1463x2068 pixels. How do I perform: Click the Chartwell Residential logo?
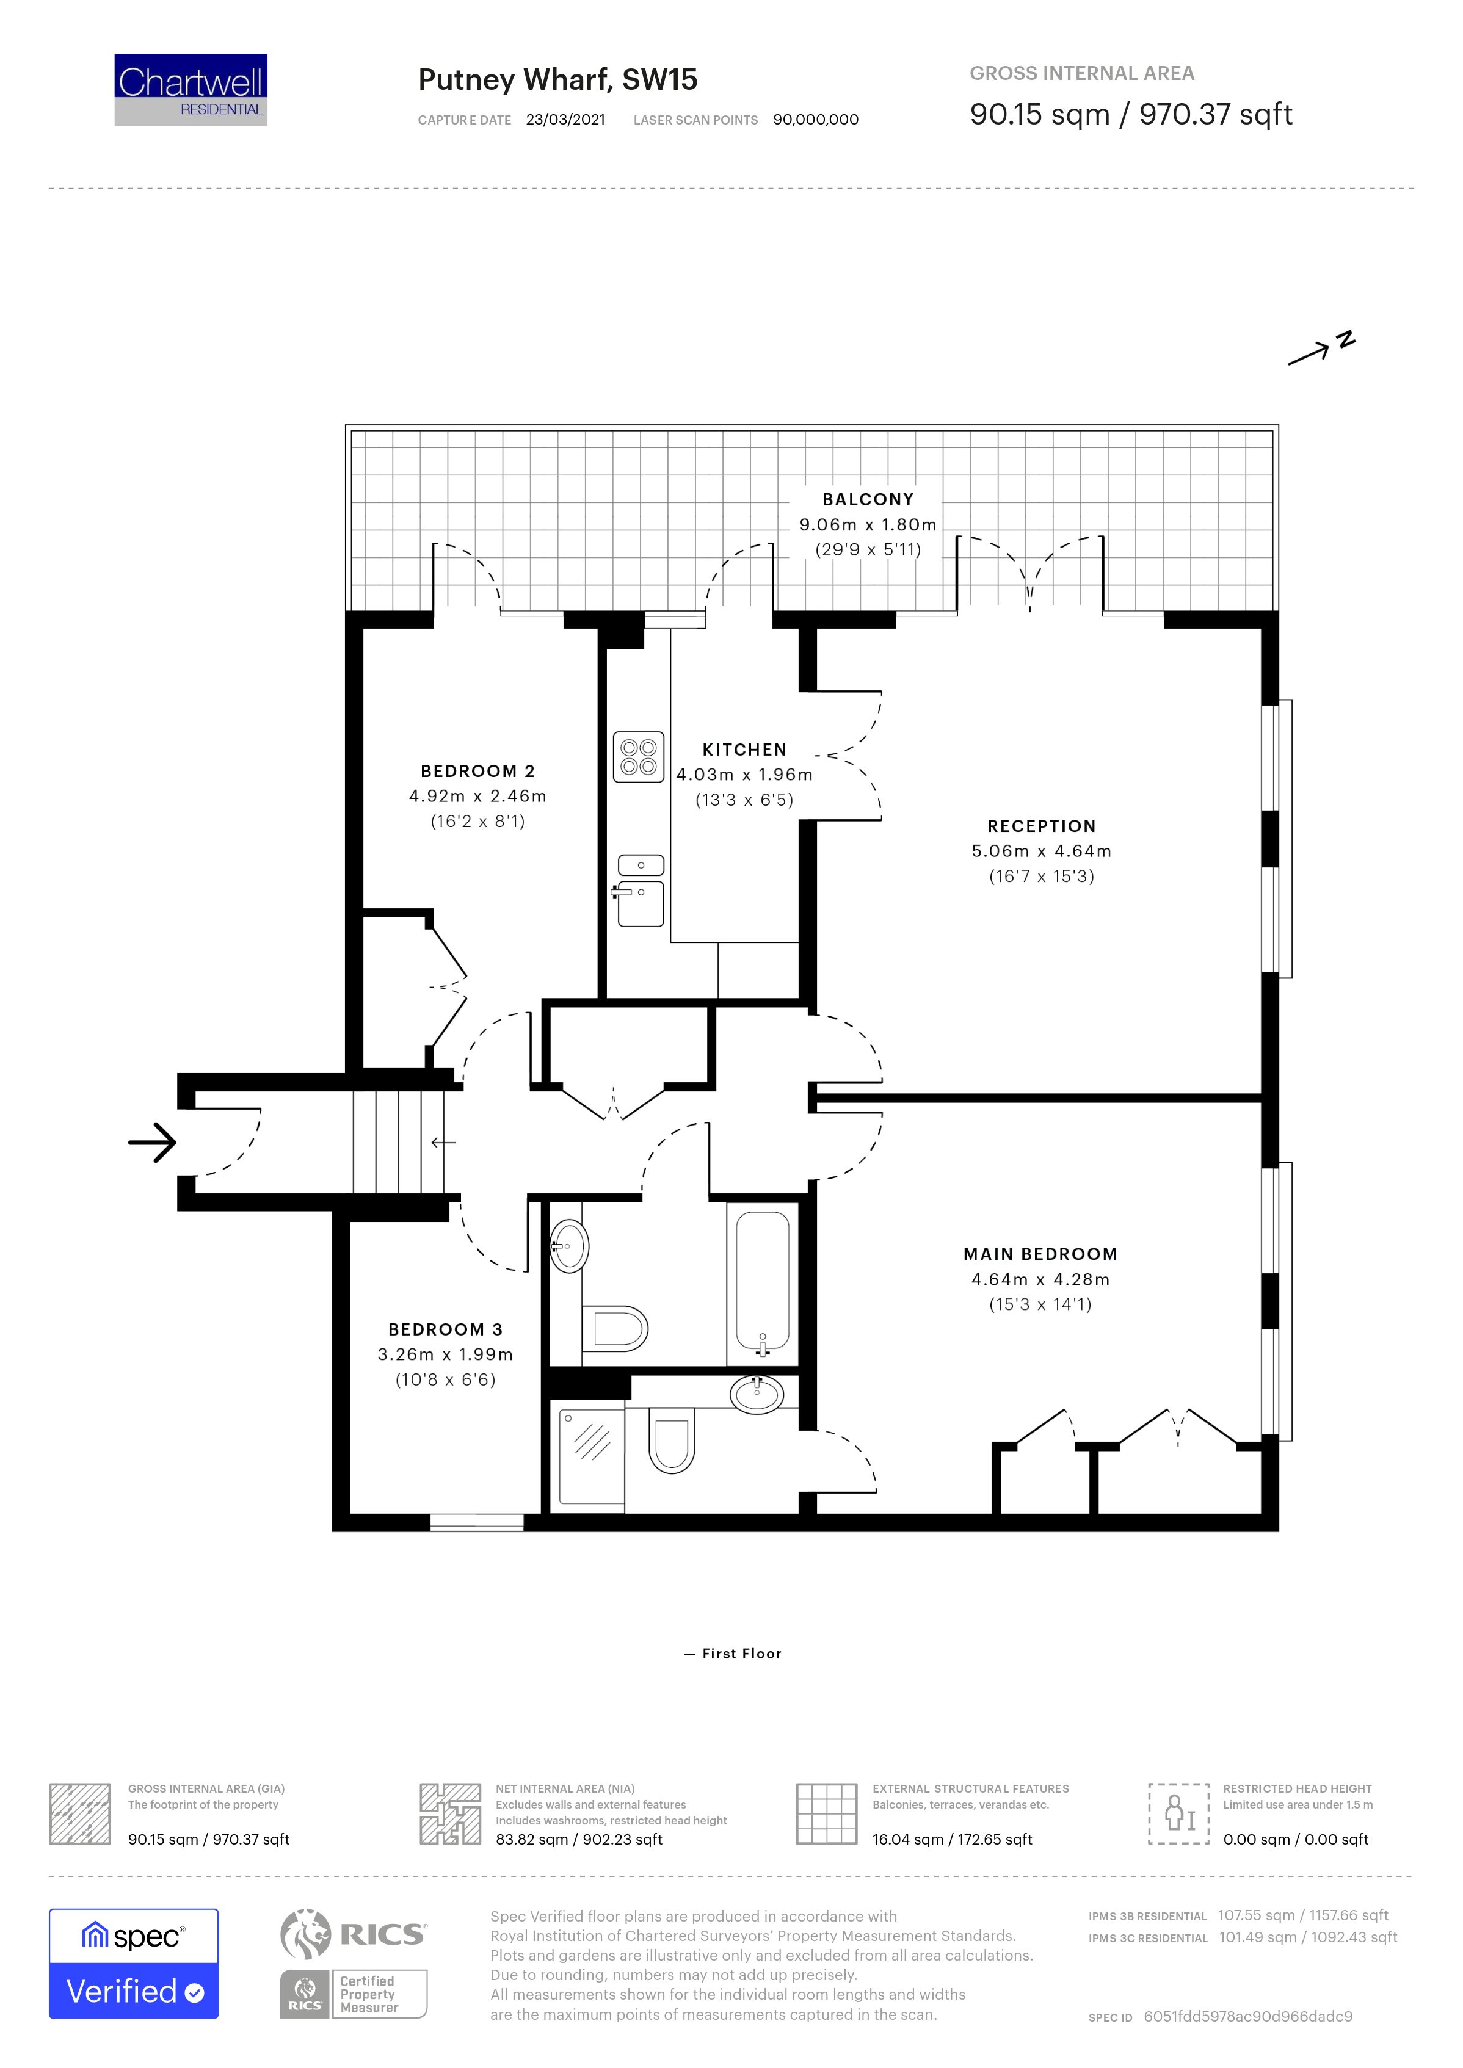(191, 90)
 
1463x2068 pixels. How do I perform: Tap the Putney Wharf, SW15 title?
(557, 80)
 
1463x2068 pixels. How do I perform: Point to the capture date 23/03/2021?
(566, 120)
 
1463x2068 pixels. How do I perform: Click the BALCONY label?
(868, 499)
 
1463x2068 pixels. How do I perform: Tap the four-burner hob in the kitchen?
(639, 757)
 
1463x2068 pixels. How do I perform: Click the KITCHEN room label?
(744, 750)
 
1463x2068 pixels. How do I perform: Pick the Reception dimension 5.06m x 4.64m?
(1042, 851)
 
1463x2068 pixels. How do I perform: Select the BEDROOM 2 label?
(477, 771)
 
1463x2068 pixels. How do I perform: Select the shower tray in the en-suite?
(592, 1456)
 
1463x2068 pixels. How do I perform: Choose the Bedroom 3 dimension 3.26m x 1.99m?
(445, 1354)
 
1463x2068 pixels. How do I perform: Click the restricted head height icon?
(1179, 1813)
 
